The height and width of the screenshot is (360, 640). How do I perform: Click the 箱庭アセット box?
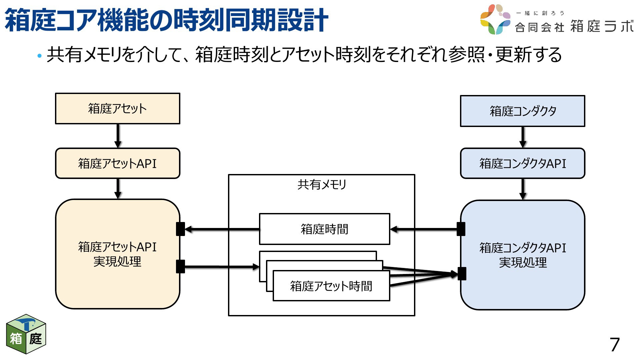pos(118,109)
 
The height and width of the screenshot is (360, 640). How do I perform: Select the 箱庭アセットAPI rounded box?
pos(118,163)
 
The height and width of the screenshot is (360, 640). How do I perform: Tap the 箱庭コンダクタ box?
pos(522,111)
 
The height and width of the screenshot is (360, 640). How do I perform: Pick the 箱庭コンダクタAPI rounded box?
pos(522,163)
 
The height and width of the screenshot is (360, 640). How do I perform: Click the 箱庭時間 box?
pos(324,229)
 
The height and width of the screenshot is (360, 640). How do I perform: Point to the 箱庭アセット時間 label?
pos(331,286)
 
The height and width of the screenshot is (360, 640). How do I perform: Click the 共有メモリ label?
pos(322,184)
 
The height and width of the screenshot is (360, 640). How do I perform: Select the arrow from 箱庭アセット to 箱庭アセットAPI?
pos(118,136)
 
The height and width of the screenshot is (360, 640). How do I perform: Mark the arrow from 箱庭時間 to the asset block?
pos(222,229)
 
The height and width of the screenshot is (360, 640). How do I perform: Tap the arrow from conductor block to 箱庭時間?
pos(423,229)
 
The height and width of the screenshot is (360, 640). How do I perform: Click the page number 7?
pos(614,345)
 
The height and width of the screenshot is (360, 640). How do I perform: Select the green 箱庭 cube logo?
pos(26,334)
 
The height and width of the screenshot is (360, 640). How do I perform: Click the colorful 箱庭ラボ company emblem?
pos(495,19)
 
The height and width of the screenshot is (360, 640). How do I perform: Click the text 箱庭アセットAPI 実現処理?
pos(117,254)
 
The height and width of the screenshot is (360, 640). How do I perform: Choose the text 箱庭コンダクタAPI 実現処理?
pos(523,255)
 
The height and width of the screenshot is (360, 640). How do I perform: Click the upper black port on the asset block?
pos(180,229)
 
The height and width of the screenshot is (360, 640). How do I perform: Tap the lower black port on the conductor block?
pos(462,274)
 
